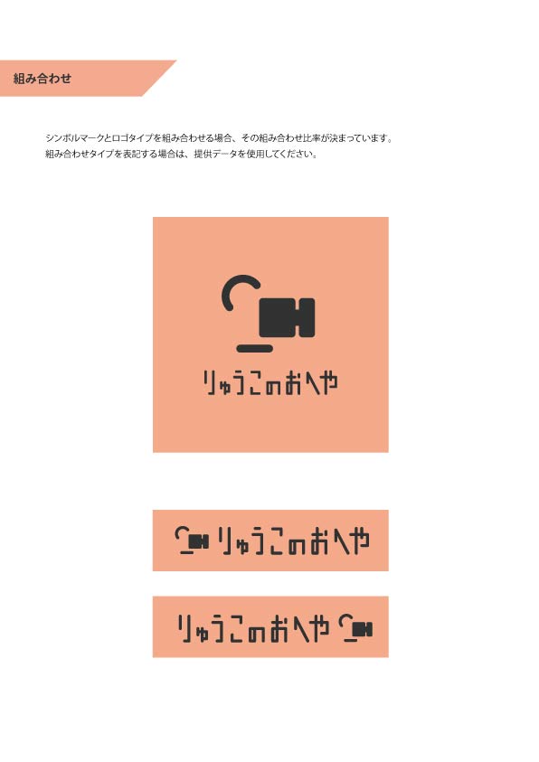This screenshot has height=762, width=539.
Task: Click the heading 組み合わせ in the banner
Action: click(x=43, y=79)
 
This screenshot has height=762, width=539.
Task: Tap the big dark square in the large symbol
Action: click(x=278, y=317)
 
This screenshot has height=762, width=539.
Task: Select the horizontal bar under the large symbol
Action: click(x=254, y=348)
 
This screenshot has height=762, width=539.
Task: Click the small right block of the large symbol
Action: click(x=307, y=317)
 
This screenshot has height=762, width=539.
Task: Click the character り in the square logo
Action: click(x=210, y=382)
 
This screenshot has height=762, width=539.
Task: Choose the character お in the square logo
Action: click(x=294, y=383)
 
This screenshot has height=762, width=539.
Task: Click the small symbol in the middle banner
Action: click(x=192, y=540)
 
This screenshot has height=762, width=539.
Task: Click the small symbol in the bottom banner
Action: click(x=355, y=628)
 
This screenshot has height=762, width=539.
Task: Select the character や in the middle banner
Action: click(x=358, y=541)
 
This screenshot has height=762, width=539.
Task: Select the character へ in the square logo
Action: click(x=309, y=383)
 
